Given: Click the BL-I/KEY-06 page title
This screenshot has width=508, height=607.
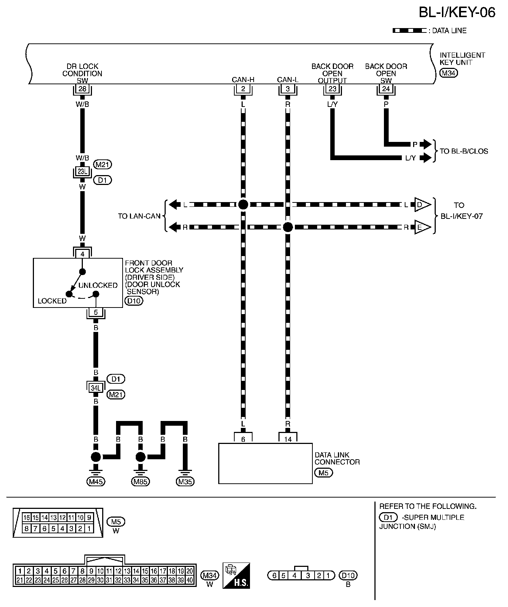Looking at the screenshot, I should click(457, 13).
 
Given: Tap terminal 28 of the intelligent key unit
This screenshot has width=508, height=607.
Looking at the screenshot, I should click(82, 89).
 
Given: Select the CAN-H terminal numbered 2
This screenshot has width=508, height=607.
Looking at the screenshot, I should click(243, 89).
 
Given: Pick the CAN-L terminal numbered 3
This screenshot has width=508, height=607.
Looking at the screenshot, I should click(288, 89).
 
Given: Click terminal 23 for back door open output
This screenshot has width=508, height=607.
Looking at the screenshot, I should click(332, 89).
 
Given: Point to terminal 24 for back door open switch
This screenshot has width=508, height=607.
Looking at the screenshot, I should click(386, 89).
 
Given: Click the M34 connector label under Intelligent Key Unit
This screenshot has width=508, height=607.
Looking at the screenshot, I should click(449, 73).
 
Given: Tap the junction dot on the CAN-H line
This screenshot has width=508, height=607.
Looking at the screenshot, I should click(243, 205).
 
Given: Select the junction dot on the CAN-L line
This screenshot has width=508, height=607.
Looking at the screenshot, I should click(288, 227).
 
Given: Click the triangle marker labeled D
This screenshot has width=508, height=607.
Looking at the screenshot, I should click(421, 205).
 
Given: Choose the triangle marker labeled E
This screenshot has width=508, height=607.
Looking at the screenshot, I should click(421, 227).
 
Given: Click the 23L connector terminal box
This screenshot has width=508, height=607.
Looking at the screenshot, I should click(82, 171).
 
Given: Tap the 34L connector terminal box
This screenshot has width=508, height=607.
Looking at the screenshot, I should click(96, 388).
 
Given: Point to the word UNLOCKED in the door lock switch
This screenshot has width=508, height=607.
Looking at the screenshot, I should click(98, 285).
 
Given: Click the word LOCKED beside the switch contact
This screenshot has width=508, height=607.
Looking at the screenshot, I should click(52, 301).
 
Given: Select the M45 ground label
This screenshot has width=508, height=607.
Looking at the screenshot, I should click(96, 482).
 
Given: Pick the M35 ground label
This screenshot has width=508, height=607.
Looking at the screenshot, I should click(185, 482).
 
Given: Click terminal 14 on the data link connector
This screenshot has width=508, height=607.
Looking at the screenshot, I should click(288, 439).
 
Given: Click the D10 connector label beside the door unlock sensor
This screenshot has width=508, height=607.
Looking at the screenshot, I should click(134, 301).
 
